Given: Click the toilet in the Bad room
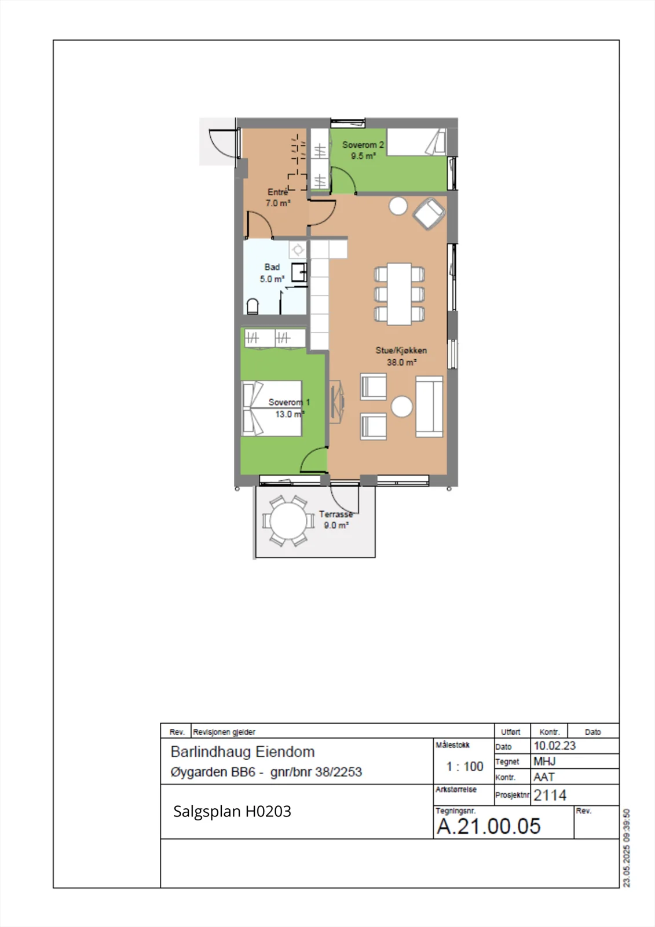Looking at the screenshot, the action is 253,306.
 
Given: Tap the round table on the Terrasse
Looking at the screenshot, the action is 288,521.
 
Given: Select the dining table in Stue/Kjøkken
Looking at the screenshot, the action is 399,294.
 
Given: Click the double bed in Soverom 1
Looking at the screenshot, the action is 272,408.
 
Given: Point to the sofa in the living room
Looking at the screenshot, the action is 429,406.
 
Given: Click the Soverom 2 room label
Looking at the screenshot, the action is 363,145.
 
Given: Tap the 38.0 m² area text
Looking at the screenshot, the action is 401,363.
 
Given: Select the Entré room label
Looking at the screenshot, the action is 277,192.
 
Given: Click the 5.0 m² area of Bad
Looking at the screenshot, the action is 272,279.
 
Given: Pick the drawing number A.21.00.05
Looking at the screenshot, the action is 489,826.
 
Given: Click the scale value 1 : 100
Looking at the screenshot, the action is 464,767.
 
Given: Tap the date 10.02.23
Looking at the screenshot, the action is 554,746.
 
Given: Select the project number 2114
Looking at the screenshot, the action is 550,795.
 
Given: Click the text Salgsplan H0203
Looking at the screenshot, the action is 232,812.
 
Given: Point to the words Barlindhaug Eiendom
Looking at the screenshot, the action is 243,752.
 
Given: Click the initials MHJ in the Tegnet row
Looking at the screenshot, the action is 544,761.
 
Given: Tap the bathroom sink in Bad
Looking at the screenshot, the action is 299,272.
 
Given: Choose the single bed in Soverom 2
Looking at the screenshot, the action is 416,142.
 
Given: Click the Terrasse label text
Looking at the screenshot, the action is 336,514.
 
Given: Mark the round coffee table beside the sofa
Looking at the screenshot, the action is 401,406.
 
